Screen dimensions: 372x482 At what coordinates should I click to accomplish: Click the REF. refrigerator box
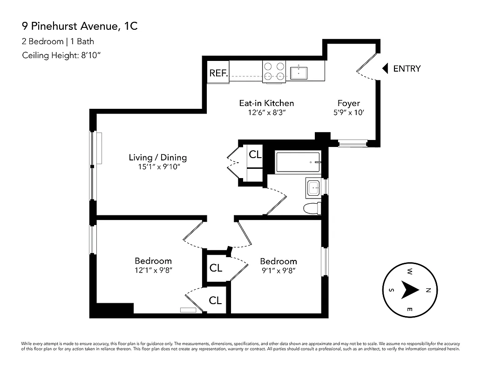point(218,73)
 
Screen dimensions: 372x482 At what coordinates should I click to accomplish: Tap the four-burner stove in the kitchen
point(274,72)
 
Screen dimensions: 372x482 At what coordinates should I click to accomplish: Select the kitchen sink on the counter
point(299,73)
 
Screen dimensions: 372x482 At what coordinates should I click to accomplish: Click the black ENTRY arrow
point(385,69)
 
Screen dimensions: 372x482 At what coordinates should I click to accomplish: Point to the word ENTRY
point(407,69)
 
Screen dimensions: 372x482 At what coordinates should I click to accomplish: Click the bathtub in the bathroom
point(298,162)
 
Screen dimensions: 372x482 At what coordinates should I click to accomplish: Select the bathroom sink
point(313,187)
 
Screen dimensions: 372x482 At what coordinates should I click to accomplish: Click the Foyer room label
point(349,103)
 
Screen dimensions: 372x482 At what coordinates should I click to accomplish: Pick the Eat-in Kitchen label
point(266,103)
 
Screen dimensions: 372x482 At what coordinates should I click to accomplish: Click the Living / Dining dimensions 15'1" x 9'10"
point(158,167)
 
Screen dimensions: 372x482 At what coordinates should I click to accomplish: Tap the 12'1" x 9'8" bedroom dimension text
point(153,270)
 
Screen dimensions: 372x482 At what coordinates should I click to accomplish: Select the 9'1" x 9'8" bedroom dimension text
point(278,270)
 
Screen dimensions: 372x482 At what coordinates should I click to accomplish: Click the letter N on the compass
point(428,290)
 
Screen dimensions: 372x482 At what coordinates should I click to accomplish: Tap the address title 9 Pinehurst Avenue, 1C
point(80,27)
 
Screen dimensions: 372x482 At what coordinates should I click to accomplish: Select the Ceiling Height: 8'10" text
point(61,56)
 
